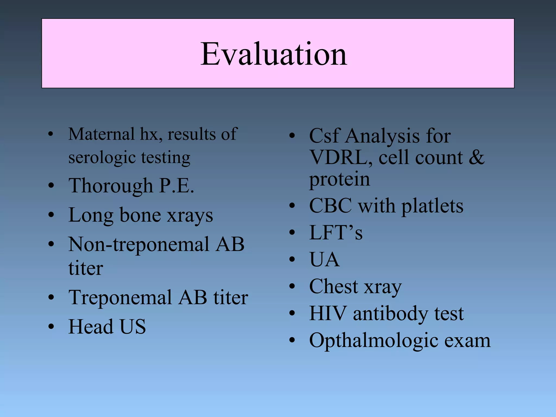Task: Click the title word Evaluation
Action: (x=274, y=54)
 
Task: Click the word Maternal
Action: (x=101, y=134)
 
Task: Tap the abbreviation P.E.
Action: (x=176, y=186)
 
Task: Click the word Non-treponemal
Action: (x=139, y=244)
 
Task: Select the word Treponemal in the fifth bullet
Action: (x=120, y=298)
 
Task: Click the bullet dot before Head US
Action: (x=51, y=327)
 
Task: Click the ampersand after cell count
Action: (x=476, y=157)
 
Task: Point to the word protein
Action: (x=339, y=179)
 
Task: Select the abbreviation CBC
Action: (x=330, y=206)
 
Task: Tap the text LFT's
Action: (x=336, y=233)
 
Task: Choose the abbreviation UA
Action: (x=324, y=260)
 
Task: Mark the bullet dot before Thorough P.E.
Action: (x=51, y=186)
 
